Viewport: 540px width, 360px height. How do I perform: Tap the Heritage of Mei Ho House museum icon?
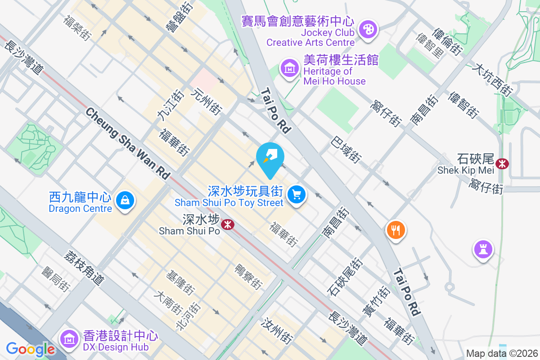(290, 68)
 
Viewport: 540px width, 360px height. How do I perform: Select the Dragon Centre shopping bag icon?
(125, 199)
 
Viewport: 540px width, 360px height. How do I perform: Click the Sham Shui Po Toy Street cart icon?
(297, 195)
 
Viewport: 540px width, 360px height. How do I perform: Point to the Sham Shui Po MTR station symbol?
(229, 224)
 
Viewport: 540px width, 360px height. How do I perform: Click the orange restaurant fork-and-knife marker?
(396, 230)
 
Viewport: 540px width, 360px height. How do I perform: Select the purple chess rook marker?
(483, 249)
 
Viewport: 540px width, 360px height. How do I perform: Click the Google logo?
(31, 349)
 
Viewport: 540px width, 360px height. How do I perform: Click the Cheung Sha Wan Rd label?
(128, 144)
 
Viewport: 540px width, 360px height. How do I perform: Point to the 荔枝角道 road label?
(84, 267)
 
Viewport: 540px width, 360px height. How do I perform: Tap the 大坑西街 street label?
(492, 80)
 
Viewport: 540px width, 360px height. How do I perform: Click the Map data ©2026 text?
(502, 353)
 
